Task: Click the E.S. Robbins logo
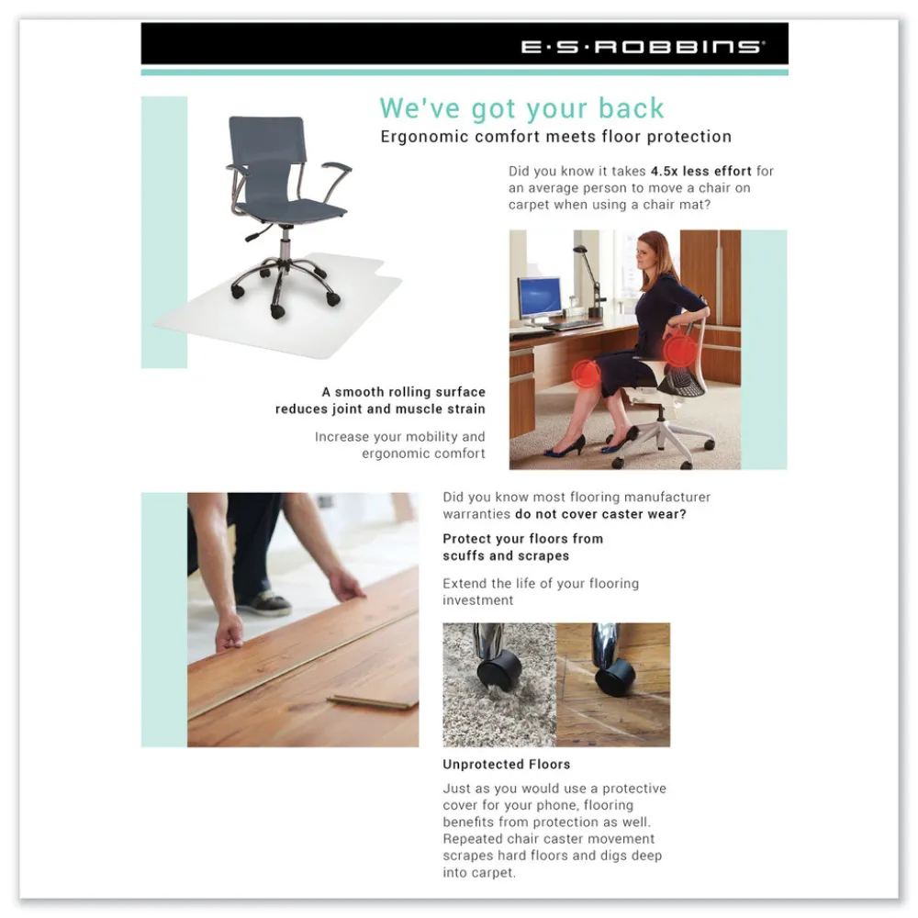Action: (643, 47)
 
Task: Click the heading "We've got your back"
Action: (521, 108)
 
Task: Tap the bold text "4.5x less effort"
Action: (700, 171)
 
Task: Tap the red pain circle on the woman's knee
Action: (586, 375)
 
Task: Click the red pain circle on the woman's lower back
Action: (679, 350)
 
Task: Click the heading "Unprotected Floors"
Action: (506, 764)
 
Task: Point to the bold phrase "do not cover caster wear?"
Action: (600, 514)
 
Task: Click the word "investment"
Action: (477, 600)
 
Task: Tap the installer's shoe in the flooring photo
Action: (266, 602)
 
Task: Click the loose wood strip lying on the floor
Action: (373, 701)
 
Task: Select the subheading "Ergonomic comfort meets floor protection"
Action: (555, 137)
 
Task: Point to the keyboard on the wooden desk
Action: (575, 324)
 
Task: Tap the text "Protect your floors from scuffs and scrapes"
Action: (523, 547)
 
